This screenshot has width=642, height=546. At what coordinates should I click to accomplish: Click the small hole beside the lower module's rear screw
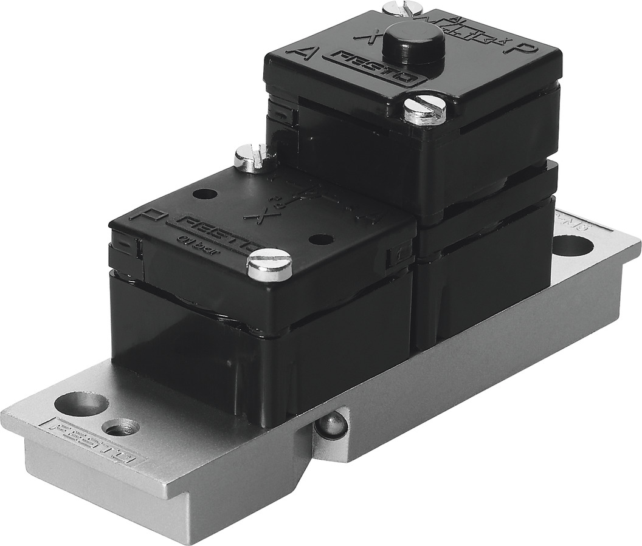(205, 195)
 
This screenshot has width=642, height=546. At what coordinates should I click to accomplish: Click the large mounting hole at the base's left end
(81, 404)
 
